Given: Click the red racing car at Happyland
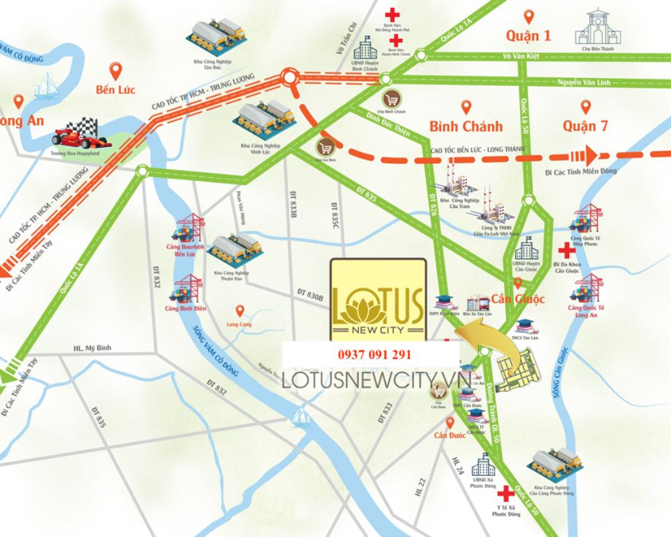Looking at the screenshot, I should tap(79, 132).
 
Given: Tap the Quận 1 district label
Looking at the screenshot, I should tap(528, 36).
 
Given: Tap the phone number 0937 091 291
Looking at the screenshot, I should tap(370, 354).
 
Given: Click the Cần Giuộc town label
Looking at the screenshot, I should tap(517, 298).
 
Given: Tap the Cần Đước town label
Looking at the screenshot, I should tap(450, 436).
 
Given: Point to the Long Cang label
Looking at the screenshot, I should tap(240, 322).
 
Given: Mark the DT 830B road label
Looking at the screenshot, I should tap(310, 295).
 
